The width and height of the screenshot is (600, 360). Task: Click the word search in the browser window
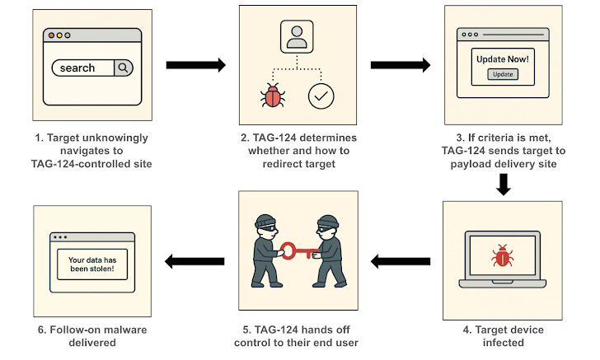pyautogui.click(x=77, y=68)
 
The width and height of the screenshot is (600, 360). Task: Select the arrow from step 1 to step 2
pyautogui.click(x=195, y=65)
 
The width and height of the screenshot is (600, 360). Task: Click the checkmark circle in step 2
pyautogui.click(x=320, y=96)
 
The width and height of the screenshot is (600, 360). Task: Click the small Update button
pyautogui.click(x=503, y=74)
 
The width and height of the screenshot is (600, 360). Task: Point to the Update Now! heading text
pyautogui.click(x=503, y=59)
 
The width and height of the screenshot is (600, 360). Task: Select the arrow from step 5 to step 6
pyautogui.click(x=195, y=262)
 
